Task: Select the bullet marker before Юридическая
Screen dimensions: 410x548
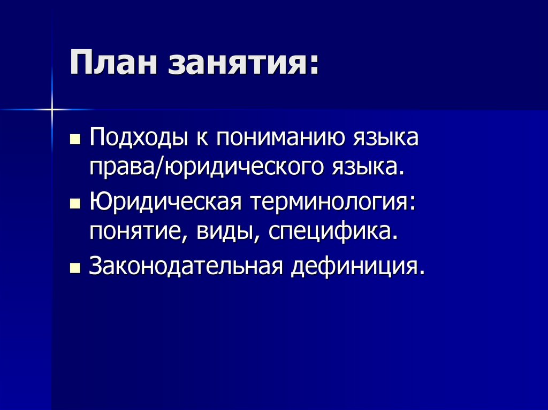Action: [74, 205]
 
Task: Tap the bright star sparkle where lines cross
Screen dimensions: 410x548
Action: [52, 110]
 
